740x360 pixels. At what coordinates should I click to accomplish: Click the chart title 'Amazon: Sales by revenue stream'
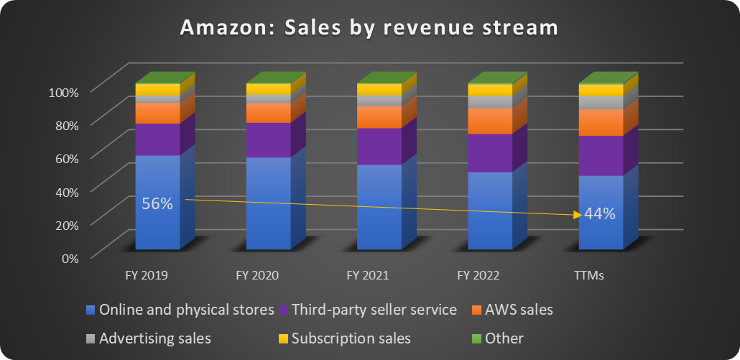point(369,28)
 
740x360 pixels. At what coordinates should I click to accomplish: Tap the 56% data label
point(157,203)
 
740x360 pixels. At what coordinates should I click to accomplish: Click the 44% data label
point(599,213)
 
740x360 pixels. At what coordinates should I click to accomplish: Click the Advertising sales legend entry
point(155,338)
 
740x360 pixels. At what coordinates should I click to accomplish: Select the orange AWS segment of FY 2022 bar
point(489,121)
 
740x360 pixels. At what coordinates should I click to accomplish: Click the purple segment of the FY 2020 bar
point(268,139)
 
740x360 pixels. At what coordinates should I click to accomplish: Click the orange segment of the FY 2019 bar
point(157,113)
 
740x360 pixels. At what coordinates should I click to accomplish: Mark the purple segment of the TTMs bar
point(600,155)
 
